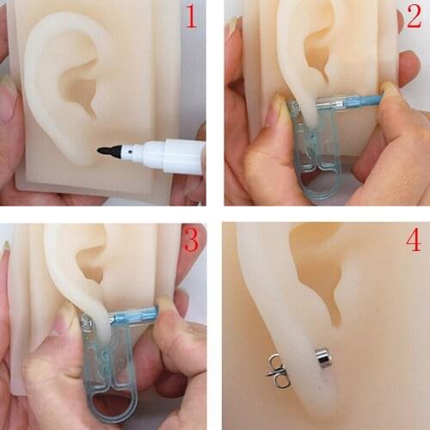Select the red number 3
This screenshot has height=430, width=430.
(x=190, y=242)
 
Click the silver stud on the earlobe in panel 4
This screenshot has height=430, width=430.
(x=322, y=357)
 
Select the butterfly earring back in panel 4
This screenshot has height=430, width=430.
(x=277, y=370)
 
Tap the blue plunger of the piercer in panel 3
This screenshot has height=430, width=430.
(x=138, y=316)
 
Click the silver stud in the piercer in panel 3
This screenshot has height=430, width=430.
(x=86, y=324)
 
